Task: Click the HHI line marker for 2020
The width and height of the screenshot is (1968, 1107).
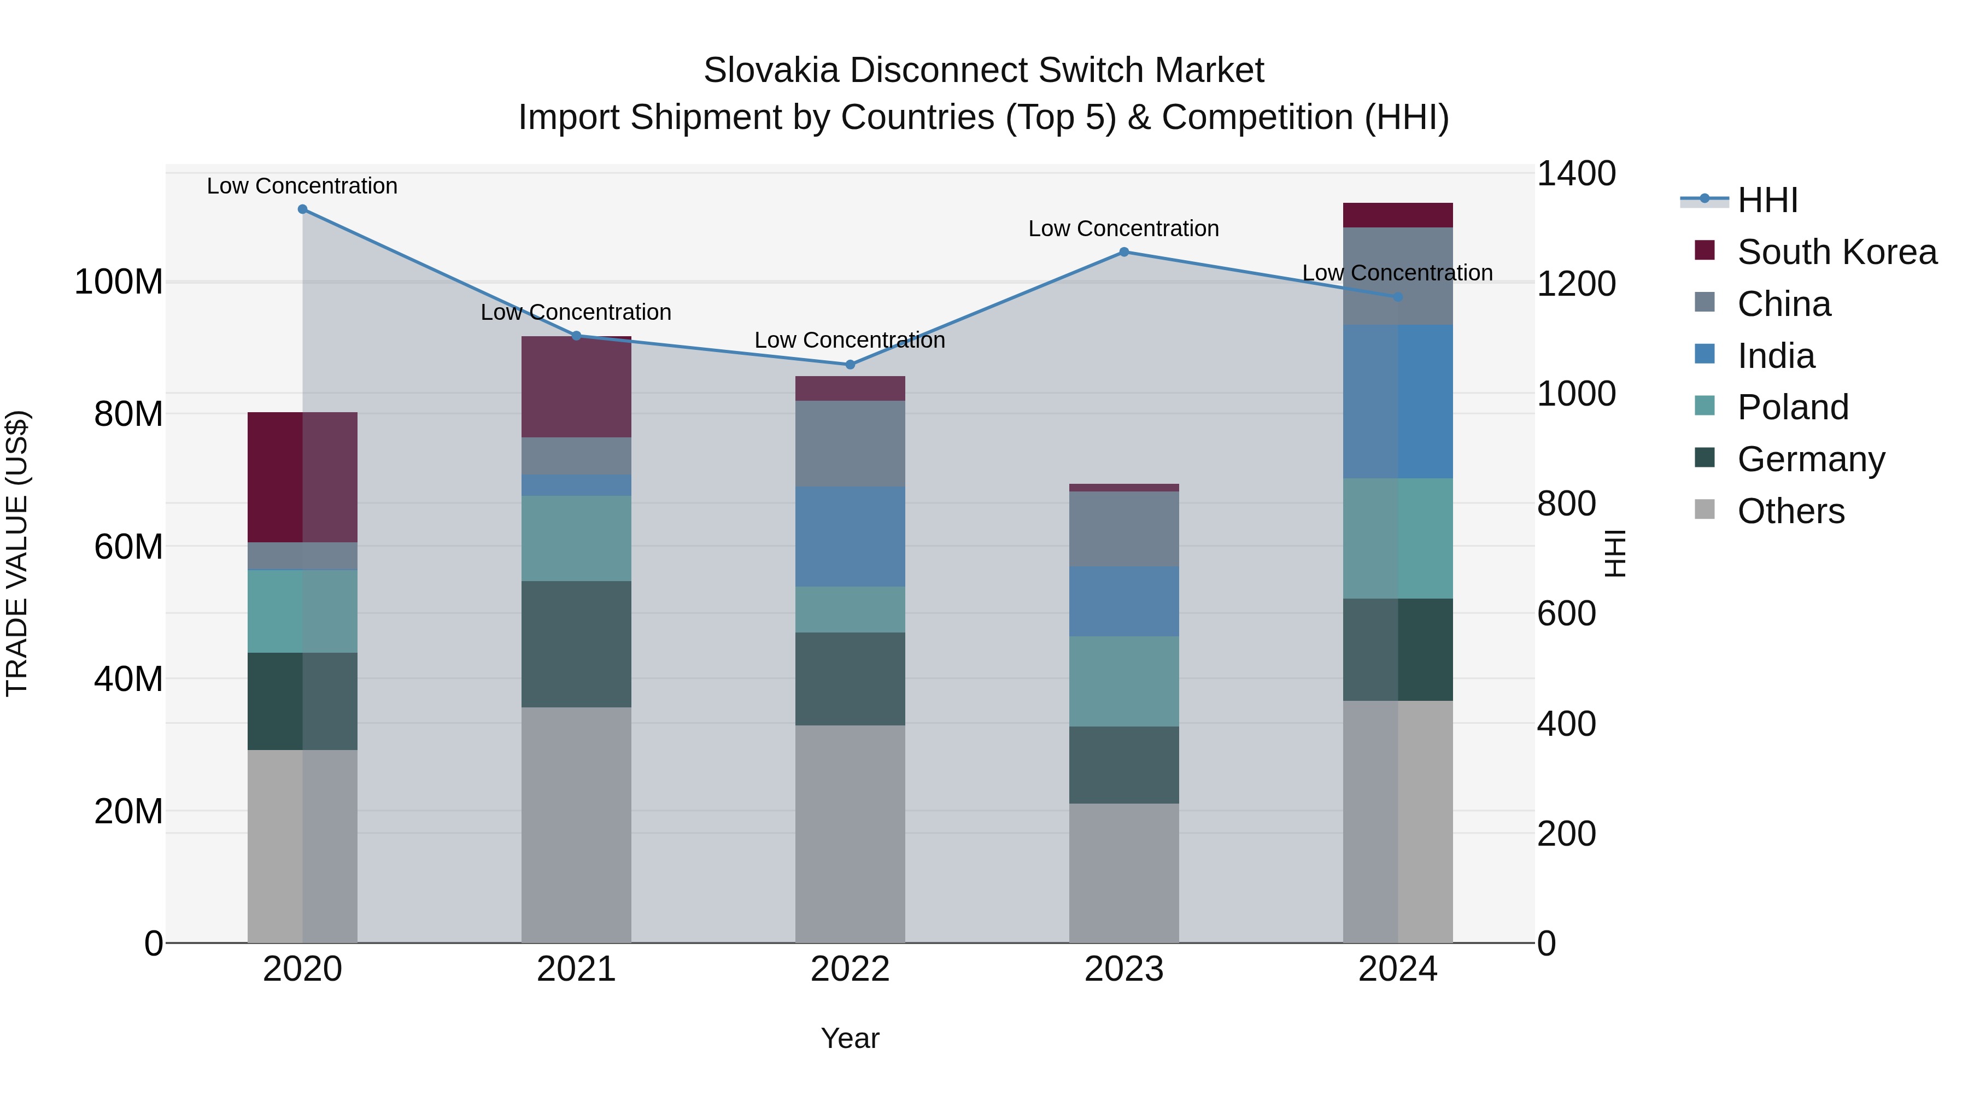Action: [302, 209]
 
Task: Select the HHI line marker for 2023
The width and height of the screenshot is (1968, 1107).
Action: [1124, 252]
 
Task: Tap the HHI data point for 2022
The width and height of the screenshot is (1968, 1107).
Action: [850, 365]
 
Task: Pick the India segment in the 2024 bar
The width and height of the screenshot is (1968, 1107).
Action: [1398, 402]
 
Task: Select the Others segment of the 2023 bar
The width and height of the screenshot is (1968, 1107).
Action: [1124, 873]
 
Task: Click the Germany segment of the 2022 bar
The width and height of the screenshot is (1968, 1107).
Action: [850, 679]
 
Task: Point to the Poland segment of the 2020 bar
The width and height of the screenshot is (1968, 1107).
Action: [302, 612]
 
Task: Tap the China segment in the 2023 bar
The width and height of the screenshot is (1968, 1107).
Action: [1124, 529]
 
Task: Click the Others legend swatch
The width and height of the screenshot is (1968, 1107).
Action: [1705, 509]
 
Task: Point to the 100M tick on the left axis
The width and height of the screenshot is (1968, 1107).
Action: [119, 283]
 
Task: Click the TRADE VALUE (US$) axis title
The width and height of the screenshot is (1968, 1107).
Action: [17, 554]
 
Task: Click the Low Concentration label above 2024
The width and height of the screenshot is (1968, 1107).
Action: [1397, 273]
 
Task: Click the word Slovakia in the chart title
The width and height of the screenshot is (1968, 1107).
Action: [771, 71]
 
